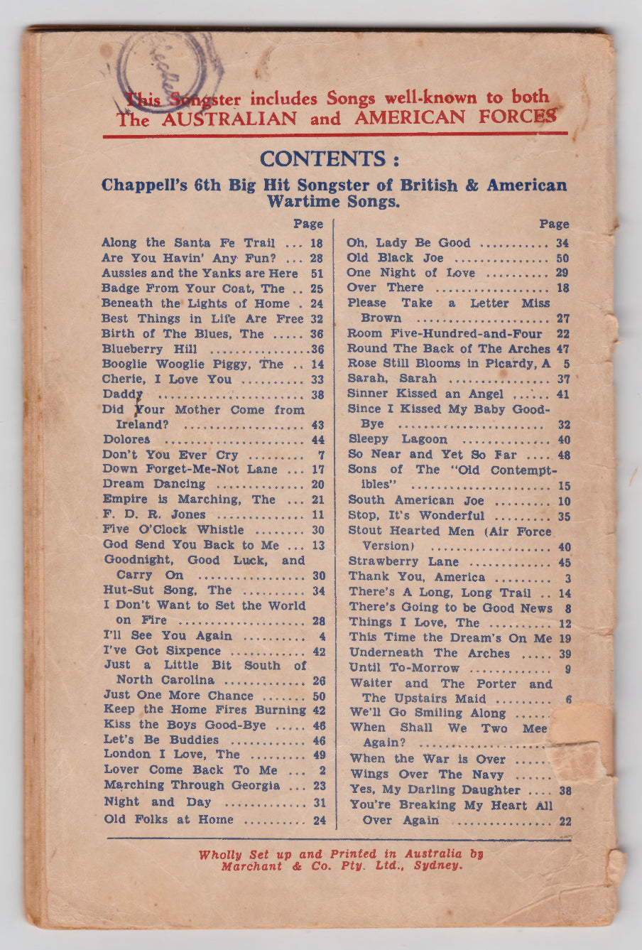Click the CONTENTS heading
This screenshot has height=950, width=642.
pyautogui.click(x=329, y=158)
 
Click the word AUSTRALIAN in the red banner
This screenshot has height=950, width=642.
pyautogui.click(x=229, y=119)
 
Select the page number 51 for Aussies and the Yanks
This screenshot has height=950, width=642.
pyautogui.click(x=317, y=274)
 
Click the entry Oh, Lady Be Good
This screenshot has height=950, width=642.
pyautogui.click(x=408, y=243)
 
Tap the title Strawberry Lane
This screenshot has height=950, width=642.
pyautogui.click(x=403, y=561)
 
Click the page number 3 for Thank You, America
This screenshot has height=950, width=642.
pyautogui.click(x=567, y=578)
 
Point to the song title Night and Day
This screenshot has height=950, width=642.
pyautogui.click(x=158, y=801)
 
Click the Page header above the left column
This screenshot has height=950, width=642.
pyautogui.click(x=308, y=224)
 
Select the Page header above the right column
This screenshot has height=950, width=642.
pyautogui.click(x=554, y=224)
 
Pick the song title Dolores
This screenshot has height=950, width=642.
pyautogui.click(x=126, y=440)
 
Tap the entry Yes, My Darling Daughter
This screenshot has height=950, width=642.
pyautogui.click(x=435, y=789)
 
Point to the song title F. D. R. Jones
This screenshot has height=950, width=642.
pyautogui.click(x=154, y=514)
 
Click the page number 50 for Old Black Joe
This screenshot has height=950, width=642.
pyautogui.click(x=562, y=259)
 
